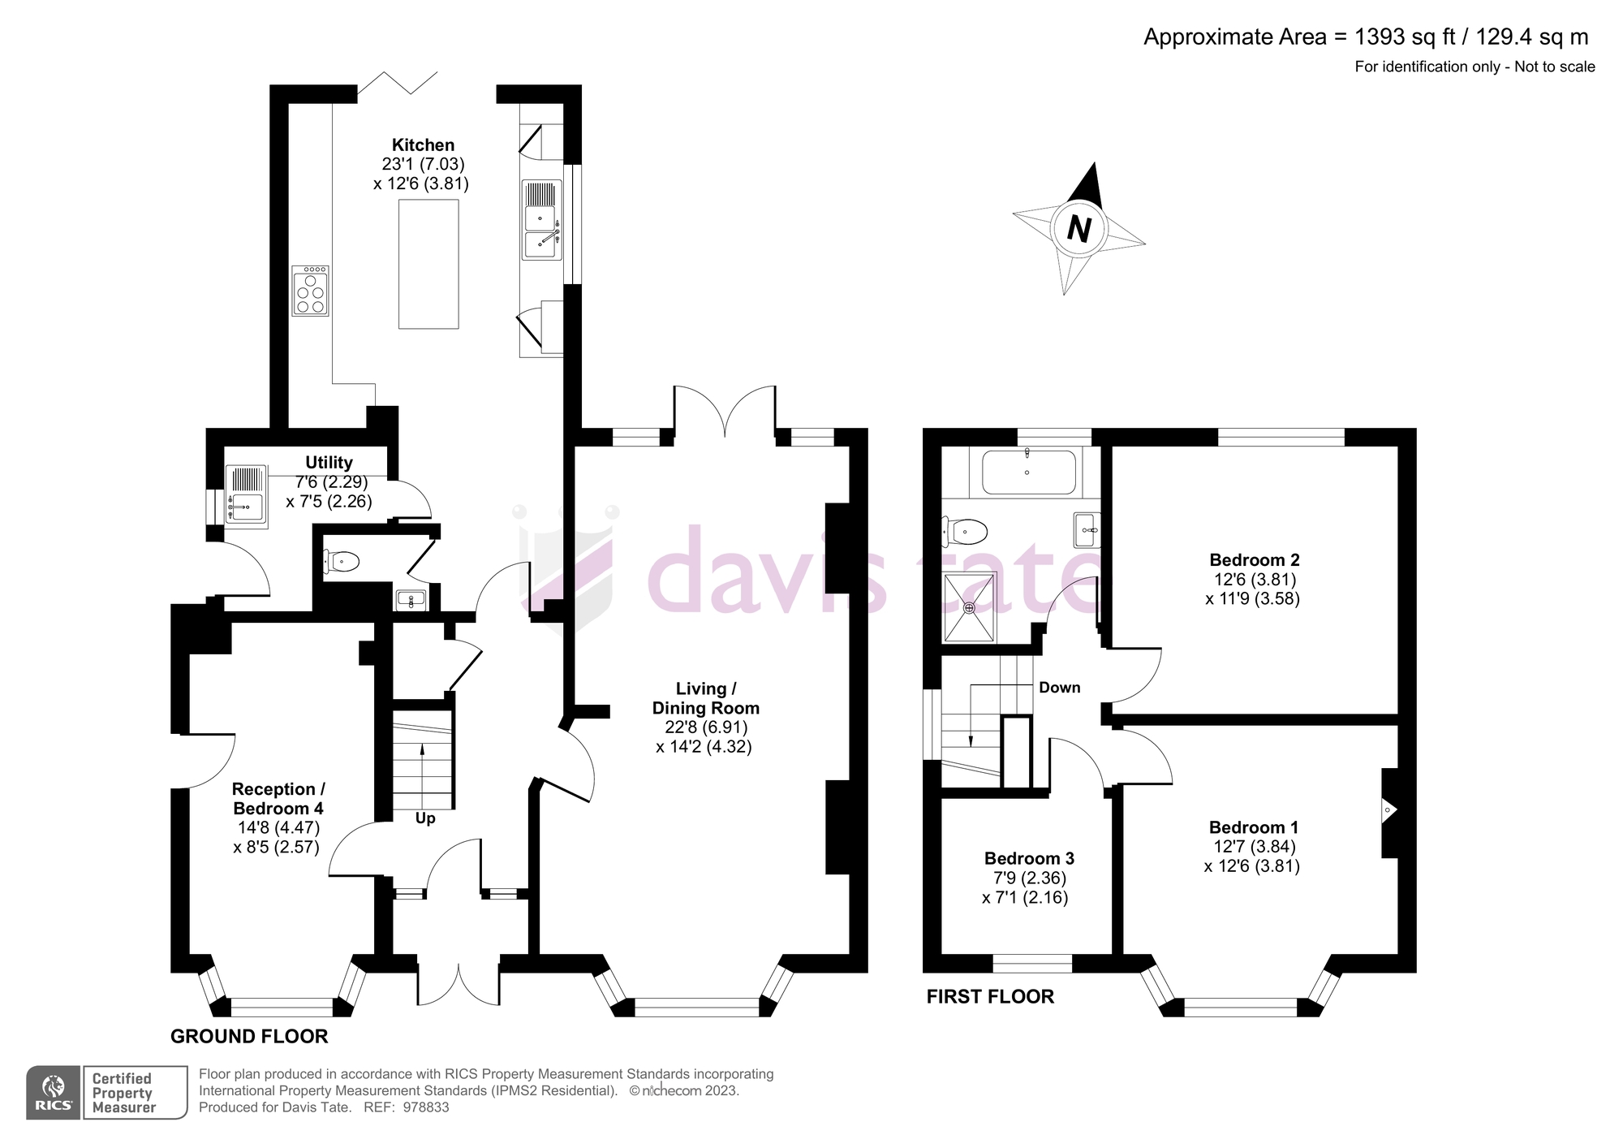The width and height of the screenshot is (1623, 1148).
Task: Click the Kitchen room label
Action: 423,145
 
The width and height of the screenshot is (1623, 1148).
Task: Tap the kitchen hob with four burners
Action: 310,291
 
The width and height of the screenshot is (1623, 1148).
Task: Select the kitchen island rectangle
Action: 428,264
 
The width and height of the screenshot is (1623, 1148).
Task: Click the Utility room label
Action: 329,462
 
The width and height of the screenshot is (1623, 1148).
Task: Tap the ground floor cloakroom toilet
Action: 342,560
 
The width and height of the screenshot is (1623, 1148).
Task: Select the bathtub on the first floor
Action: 1028,473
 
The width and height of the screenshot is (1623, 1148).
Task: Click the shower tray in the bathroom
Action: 969,606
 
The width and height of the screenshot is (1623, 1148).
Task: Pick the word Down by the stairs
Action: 1060,688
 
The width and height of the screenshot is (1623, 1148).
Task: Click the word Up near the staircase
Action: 425,818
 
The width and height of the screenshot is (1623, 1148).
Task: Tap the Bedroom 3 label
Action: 1029,858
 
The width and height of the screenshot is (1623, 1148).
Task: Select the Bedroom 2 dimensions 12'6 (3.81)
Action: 1255,580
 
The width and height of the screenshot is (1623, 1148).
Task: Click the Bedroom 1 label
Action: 1253,827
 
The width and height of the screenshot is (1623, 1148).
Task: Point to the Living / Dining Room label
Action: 705,698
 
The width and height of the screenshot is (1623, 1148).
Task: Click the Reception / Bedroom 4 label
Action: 278,798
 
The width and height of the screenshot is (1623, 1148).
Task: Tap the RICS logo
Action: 54,1093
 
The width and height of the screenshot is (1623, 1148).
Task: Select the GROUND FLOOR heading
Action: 249,1036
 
